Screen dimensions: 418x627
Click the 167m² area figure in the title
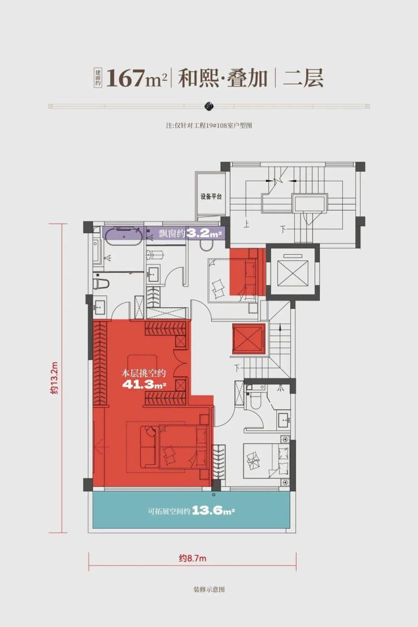[136, 78]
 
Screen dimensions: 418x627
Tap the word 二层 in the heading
[303, 78]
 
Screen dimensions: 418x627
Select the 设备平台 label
[211, 197]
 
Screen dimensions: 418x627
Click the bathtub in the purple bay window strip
[124, 233]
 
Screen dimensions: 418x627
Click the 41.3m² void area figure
[144, 385]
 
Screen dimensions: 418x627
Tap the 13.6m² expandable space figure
[213, 511]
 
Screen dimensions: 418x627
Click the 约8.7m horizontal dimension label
[193, 558]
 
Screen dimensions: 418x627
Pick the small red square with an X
[249, 339]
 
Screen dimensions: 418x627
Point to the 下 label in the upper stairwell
[283, 229]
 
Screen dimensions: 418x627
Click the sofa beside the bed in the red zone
[149, 446]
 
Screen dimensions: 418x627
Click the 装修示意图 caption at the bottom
[209, 589]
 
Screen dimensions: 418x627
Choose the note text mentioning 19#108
[209, 125]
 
